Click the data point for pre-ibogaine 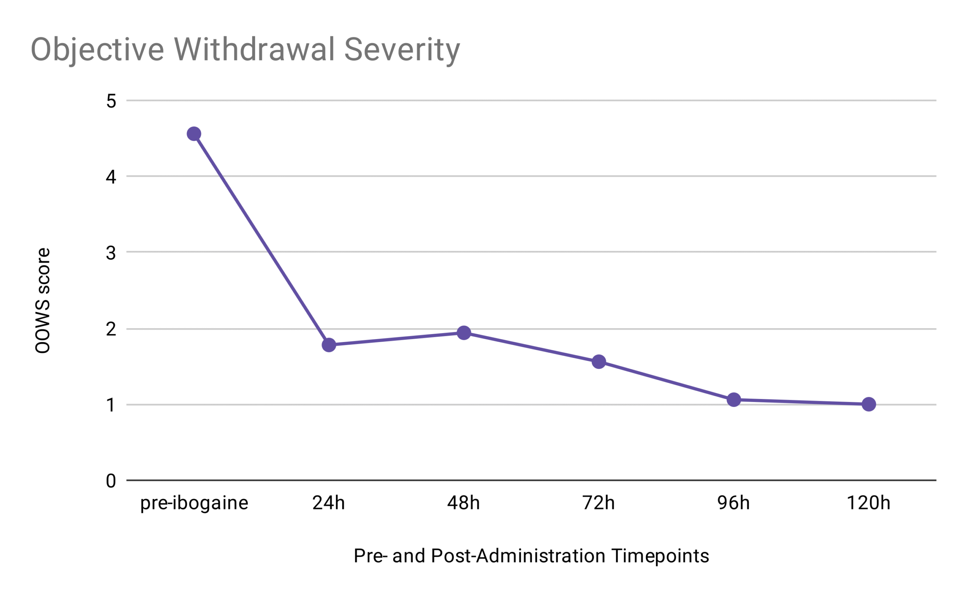point(194,134)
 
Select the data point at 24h point(329,345)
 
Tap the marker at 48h point(464,333)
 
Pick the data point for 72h point(598,362)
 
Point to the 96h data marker point(734,400)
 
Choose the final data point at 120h point(869,404)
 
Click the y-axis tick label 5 point(111,101)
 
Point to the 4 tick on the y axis point(111,177)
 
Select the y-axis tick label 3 point(111,253)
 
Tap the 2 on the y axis point(111,329)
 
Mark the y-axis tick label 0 point(111,481)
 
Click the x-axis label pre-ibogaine point(194,503)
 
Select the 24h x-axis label point(329,503)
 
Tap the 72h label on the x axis point(598,503)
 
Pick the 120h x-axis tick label point(868,503)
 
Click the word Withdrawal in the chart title point(254,49)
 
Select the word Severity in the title point(402,50)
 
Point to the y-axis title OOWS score point(43,301)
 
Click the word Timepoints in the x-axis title point(660,556)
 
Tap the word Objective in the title point(97,50)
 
